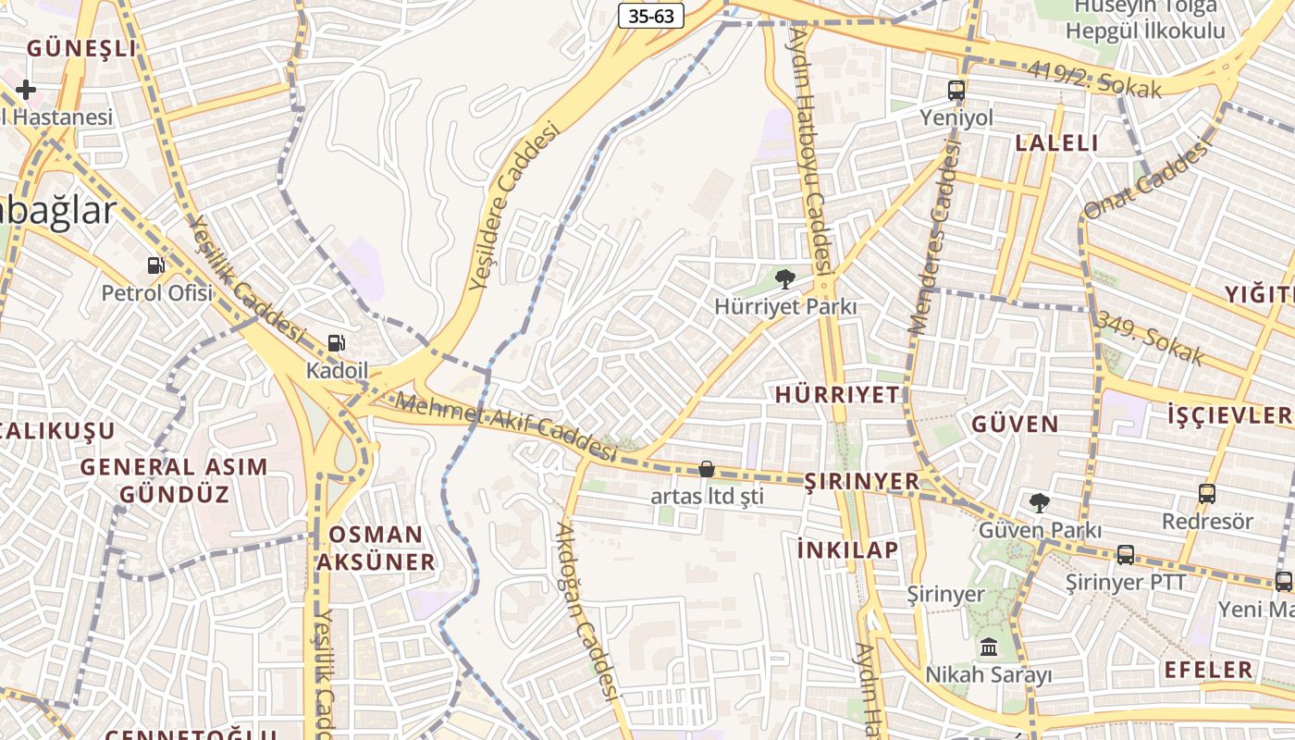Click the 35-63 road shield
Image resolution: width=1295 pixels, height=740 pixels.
[650, 16]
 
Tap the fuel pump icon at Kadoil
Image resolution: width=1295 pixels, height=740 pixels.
[337, 343]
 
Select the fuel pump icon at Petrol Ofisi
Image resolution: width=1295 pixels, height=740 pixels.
[156, 265]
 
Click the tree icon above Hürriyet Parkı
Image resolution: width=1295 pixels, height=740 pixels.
[784, 277]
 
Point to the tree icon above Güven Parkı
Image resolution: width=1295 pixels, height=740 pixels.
[1040, 502]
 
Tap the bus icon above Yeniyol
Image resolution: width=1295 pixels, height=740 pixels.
[956, 91]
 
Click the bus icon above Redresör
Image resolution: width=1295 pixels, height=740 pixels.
[1206, 493]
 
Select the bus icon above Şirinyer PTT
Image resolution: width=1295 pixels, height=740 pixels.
[1125, 554]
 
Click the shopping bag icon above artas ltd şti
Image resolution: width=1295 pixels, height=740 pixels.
[707, 469]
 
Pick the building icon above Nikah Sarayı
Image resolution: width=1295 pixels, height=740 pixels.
[988, 647]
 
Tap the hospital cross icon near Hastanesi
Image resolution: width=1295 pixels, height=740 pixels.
[25, 90]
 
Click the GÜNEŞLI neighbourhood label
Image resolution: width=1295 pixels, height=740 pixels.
[81, 48]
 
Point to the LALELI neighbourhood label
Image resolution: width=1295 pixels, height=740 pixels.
[1056, 142]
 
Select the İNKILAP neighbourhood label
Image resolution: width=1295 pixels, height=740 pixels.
[847, 550]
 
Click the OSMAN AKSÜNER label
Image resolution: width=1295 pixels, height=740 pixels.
[376, 548]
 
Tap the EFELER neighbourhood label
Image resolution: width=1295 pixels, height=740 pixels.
[1208, 670]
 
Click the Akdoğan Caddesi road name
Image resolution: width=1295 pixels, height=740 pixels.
[586, 611]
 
